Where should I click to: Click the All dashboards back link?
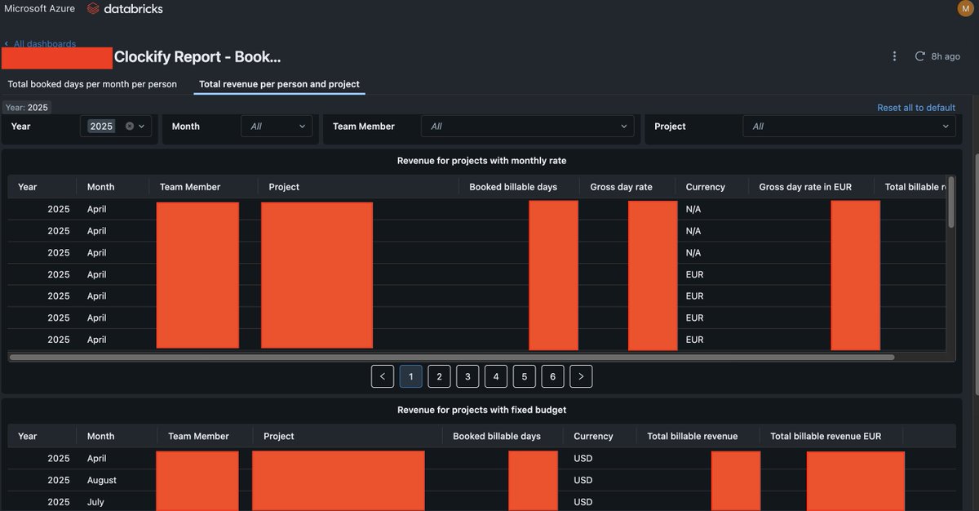pos(44,44)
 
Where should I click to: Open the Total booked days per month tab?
pos(92,84)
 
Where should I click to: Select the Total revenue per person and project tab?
pos(279,84)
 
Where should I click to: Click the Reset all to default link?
pos(915,108)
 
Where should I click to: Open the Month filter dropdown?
pos(277,127)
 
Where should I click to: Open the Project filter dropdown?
pos(848,127)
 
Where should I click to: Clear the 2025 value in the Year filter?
pos(129,127)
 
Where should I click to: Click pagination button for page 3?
pos(467,376)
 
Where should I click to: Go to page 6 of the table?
pos(552,376)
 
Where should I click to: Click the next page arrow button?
pos(581,376)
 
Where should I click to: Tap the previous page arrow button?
pos(383,376)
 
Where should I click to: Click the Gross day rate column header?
pos(621,187)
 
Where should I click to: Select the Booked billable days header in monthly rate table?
pos(513,187)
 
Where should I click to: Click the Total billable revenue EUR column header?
pos(826,436)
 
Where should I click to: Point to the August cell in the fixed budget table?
pos(102,480)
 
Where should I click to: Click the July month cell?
pos(95,502)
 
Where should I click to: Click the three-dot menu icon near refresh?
pos(894,56)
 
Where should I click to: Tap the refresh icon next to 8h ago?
pos(919,56)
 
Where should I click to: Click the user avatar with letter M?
pos(965,8)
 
